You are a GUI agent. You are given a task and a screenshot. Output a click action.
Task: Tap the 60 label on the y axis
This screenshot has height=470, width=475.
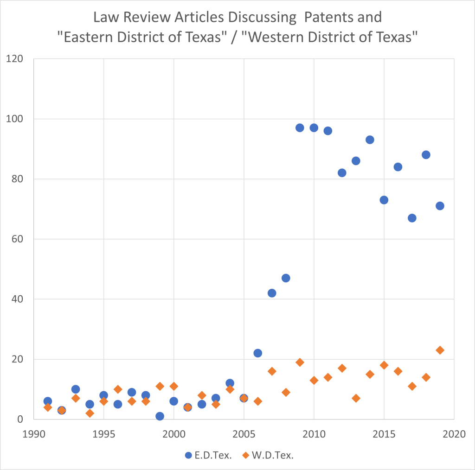[x=17, y=239]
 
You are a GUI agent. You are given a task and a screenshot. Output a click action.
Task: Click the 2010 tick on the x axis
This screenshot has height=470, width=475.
[x=314, y=433]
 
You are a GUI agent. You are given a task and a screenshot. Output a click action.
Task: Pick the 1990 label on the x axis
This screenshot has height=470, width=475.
[x=33, y=433]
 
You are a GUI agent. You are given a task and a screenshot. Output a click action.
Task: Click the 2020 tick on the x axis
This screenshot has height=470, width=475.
[x=454, y=433]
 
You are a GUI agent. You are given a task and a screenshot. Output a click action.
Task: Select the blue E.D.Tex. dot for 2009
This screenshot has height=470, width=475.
[x=300, y=128]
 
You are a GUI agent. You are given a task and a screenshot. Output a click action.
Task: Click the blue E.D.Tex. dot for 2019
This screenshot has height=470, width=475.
[x=440, y=206]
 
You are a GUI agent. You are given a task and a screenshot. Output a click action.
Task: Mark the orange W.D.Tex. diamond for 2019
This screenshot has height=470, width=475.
[x=440, y=350]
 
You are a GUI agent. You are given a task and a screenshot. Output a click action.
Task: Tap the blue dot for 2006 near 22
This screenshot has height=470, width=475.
[x=258, y=353]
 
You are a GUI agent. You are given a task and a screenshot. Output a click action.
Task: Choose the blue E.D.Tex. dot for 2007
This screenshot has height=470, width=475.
[x=272, y=293]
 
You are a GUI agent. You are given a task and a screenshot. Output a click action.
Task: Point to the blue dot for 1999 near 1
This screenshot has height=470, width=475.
[x=160, y=416]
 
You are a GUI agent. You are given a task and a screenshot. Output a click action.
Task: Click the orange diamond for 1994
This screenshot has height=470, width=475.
[x=90, y=413]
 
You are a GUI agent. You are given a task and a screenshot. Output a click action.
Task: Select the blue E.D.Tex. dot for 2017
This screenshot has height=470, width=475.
[x=412, y=218]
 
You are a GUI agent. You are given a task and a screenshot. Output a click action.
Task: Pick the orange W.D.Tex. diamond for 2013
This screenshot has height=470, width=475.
[x=356, y=398]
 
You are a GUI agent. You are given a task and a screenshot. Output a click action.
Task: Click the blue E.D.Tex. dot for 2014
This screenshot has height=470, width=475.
[x=370, y=140]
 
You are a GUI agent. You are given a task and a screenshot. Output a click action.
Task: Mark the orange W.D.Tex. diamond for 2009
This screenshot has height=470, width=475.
[x=300, y=362]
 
